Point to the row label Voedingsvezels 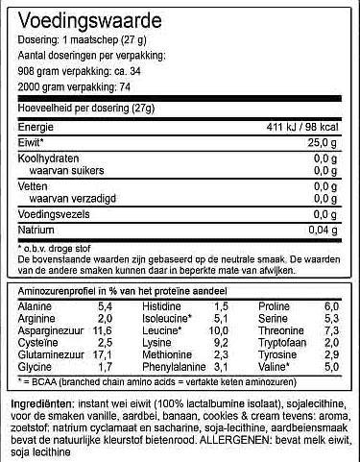[56, 215]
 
